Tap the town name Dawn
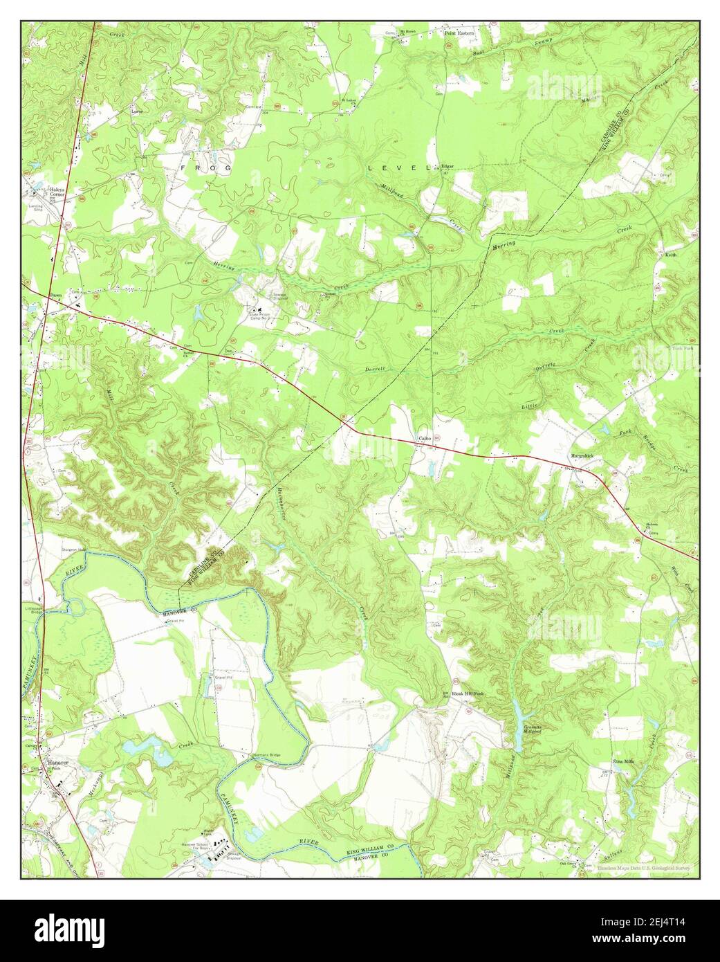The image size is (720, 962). point(55,296)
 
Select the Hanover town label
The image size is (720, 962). point(56,763)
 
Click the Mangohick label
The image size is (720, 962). point(582,455)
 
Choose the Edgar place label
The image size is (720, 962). point(449,166)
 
